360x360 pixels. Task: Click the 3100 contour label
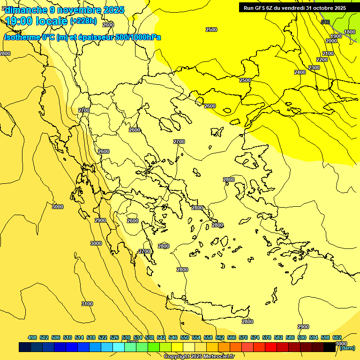point(87,304)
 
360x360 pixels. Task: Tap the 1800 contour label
point(350,32)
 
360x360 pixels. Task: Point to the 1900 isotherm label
point(336,36)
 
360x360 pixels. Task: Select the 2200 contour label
point(322,60)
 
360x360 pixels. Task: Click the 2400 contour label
point(300,72)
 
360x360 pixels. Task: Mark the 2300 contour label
point(314,67)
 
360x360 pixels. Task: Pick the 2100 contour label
point(328,53)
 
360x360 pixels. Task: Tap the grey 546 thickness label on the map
point(325,22)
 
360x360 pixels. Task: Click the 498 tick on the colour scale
point(32,337)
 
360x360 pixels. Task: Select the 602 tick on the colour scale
point(337,337)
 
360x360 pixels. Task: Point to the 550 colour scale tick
point(185,337)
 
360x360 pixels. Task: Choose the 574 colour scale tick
point(255,337)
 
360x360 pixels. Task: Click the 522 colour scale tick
point(103,337)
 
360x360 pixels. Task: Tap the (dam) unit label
point(347,348)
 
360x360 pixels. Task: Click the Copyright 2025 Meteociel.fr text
point(199,357)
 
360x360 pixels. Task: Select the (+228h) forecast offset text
point(83,21)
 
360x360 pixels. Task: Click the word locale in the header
point(50,21)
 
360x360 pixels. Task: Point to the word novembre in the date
point(78,9)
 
